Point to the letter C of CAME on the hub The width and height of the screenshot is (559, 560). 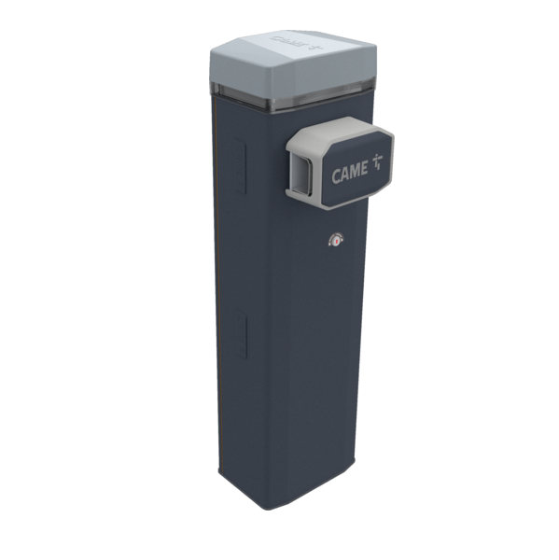click(x=336, y=176)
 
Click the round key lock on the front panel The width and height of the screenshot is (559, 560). click(x=335, y=240)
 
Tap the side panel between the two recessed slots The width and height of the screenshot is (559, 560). click(x=239, y=252)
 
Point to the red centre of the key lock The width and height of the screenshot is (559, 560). click(x=335, y=240)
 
